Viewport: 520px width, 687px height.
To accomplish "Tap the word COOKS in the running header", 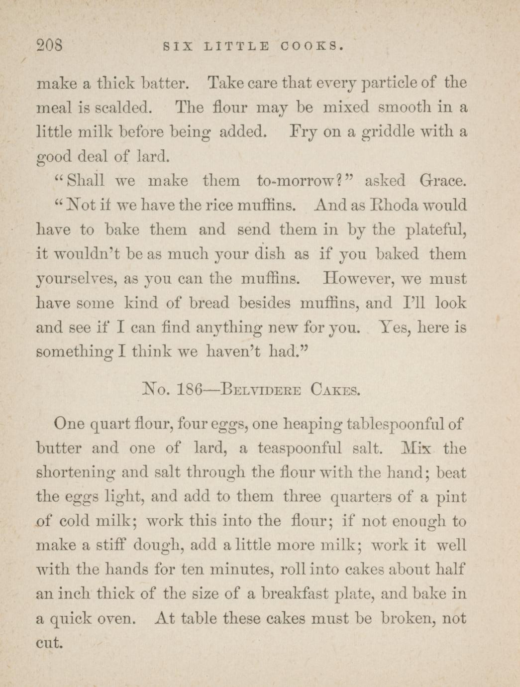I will pyautogui.click(x=312, y=47).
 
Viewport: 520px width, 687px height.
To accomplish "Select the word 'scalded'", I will pyautogui.click(x=121, y=108).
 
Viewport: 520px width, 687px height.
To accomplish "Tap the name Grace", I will pyautogui.click(x=443, y=181).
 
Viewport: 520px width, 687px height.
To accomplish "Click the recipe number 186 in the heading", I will pyautogui.click(x=189, y=388).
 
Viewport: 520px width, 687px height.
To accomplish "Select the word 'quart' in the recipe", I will pyautogui.click(x=110, y=424).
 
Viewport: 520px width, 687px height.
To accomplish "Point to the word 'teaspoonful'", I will pyautogui.click(x=300, y=449).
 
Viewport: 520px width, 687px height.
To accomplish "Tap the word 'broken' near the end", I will pyautogui.click(x=406, y=619).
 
